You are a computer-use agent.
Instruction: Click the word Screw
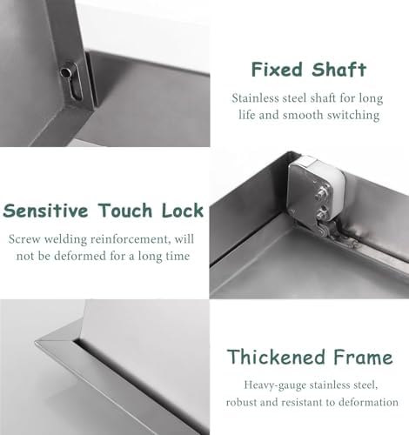pyautogui.click(x=25, y=238)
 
